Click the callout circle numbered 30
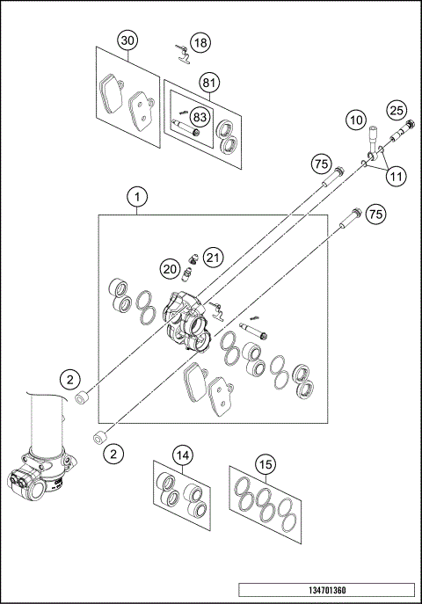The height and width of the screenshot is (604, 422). pyautogui.click(x=128, y=41)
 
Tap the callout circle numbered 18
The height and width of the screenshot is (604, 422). pyautogui.click(x=200, y=41)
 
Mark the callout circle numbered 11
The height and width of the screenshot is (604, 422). pyautogui.click(x=397, y=176)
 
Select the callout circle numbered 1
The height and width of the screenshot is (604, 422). pyautogui.click(x=137, y=197)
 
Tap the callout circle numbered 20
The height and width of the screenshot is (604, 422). pyautogui.click(x=171, y=267)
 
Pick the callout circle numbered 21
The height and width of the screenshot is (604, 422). pyautogui.click(x=213, y=257)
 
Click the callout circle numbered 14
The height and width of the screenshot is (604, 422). pyautogui.click(x=181, y=455)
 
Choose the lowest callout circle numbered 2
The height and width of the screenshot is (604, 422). pyautogui.click(x=113, y=453)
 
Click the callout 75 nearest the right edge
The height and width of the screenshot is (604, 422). pyautogui.click(x=376, y=214)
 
